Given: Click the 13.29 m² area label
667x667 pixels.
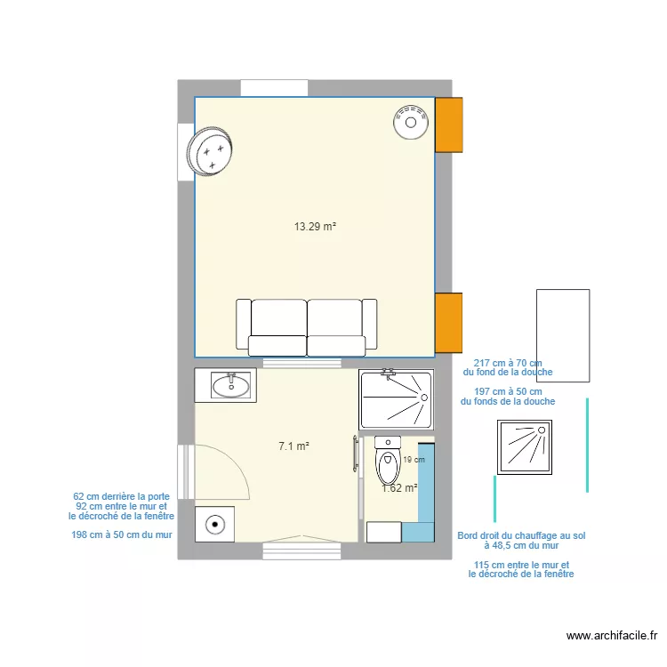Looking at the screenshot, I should click(x=315, y=227).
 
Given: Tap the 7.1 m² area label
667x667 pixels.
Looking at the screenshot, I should click(x=293, y=446).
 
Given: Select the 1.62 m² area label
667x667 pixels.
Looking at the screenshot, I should click(x=399, y=487).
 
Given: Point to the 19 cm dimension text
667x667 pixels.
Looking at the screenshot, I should click(x=414, y=460).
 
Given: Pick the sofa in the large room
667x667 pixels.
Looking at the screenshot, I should click(x=307, y=325).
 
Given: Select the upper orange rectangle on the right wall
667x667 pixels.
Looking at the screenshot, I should click(x=448, y=124).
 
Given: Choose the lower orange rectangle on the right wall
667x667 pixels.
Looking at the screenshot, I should click(x=448, y=323).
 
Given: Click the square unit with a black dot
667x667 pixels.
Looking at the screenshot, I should click(x=213, y=524).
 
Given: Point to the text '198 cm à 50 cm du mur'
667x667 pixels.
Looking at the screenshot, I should click(x=121, y=534).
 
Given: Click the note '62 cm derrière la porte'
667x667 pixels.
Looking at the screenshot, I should click(x=122, y=496).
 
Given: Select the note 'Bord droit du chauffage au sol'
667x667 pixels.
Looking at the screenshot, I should click(x=521, y=535).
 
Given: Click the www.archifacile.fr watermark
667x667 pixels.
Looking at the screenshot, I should click(x=612, y=635).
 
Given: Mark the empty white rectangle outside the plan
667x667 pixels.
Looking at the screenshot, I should click(x=562, y=335).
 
